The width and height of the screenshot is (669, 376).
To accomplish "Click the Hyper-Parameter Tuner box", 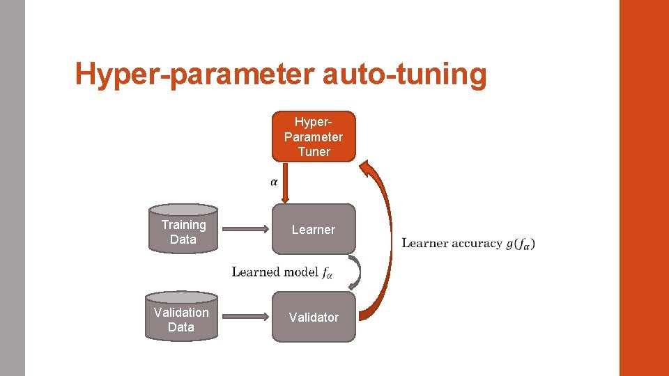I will pos(314,136).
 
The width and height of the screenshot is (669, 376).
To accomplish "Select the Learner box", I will pos(314,229).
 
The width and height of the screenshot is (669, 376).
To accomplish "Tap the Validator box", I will pos(314,317).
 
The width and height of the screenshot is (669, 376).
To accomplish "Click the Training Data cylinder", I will pos(183,229).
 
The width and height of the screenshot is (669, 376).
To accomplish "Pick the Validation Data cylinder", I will pos(181,317).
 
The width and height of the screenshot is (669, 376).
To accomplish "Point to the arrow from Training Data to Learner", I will pos(244,229).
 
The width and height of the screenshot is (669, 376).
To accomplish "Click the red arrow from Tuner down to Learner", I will pos(285,182).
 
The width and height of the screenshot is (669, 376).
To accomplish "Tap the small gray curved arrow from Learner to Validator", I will pos(357,272).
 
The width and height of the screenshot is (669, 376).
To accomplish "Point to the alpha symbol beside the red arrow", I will pos(274,182).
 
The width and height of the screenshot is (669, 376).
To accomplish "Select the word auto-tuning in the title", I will pos(404,74).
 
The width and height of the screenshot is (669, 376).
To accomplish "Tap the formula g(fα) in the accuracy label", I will pos(520,243).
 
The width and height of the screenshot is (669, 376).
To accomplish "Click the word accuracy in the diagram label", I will pos(477,243).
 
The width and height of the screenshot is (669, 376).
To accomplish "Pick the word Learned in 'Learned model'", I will pos(255,272).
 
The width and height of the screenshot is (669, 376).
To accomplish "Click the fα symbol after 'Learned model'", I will pos(328,272).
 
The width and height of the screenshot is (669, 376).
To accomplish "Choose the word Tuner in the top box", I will pos(314,151).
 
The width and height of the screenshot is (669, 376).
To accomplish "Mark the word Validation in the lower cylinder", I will pos(181,312).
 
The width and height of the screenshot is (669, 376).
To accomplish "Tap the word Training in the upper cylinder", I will pos(183,224).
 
